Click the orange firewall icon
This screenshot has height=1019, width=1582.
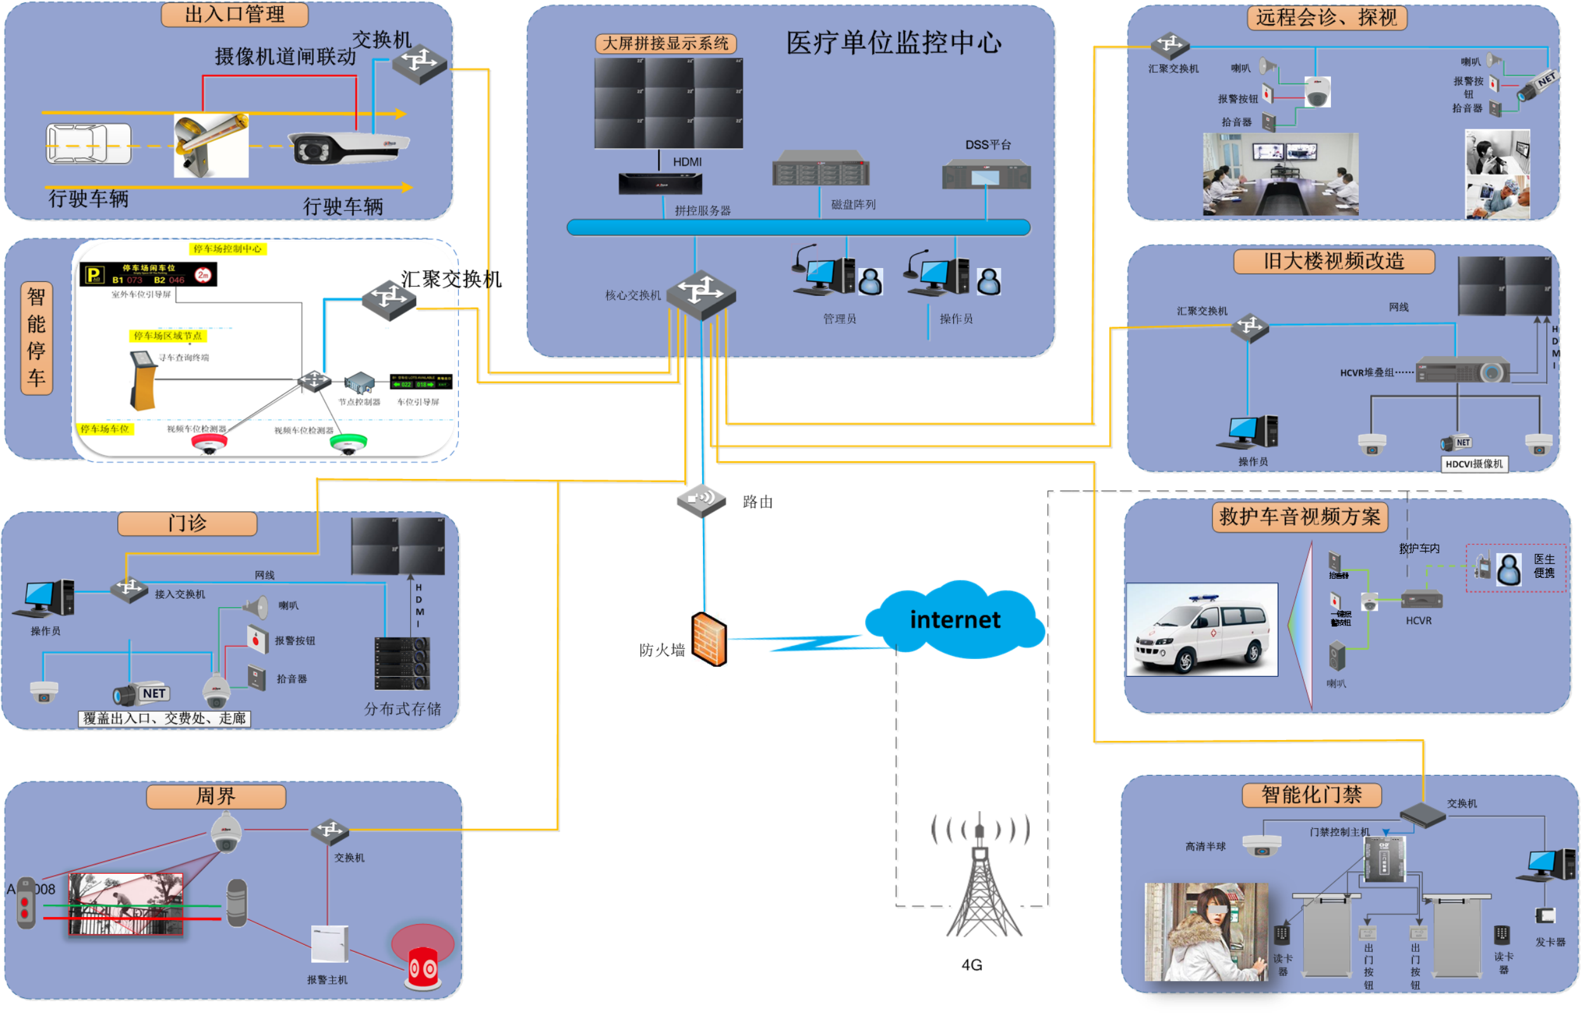[x=709, y=639]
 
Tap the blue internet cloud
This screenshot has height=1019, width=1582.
[x=954, y=619]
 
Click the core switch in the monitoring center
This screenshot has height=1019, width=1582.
[x=701, y=295]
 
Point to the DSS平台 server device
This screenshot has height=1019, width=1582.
[x=986, y=174]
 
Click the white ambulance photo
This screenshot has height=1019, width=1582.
[x=1202, y=629]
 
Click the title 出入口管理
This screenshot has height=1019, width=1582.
[x=235, y=15]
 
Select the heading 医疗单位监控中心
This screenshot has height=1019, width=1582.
[x=893, y=43]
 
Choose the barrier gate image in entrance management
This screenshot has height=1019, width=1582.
[x=211, y=146]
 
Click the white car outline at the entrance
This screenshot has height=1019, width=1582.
[x=88, y=143]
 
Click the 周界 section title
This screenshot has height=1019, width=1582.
[x=215, y=796]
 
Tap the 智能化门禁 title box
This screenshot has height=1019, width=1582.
[x=1311, y=795]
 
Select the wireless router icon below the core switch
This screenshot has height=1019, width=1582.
[x=702, y=499]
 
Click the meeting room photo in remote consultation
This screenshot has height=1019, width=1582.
[x=1280, y=174]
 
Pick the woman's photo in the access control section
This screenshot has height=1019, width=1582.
[x=1206, y=932]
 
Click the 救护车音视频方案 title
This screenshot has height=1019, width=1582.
[x=1299, y=516]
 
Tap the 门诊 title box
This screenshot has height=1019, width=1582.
[x=187, y=523]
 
